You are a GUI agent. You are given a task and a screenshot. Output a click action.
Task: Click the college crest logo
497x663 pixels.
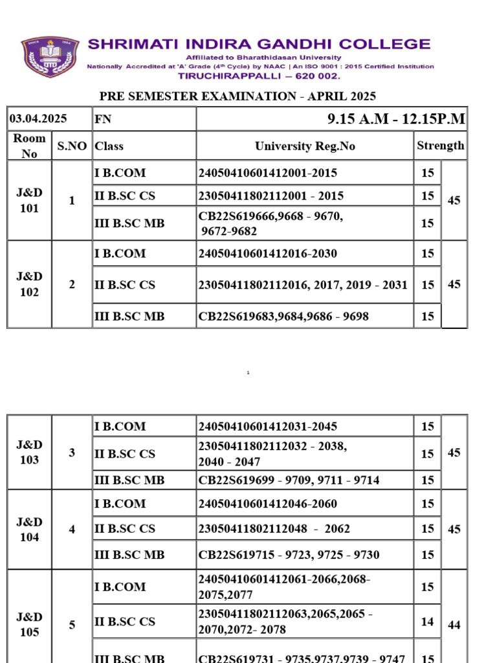click(50, 57)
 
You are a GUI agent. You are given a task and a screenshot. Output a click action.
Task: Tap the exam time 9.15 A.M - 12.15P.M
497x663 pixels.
click(397, 119)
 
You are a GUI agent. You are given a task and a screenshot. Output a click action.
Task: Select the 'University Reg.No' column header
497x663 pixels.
click(305, 146)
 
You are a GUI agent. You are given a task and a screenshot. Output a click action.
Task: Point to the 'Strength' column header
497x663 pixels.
click(440, 146)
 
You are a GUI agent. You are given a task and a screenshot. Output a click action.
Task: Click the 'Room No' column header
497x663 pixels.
click(30, 146)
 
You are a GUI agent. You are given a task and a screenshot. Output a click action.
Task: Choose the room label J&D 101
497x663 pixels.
click(30, 201)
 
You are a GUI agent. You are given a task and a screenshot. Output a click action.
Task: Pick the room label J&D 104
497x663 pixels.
click(30, 529)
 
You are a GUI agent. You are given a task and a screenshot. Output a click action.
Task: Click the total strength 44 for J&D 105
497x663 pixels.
click(454, 625)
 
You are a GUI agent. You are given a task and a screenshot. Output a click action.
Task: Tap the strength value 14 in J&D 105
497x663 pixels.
click(427, 622)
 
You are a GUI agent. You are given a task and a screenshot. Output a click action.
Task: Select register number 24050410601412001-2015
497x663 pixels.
click(268, 173)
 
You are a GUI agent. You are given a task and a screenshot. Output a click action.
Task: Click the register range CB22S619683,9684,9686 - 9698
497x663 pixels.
click(283, 316)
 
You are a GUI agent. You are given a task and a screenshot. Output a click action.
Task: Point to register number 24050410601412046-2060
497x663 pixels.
click(268, 504)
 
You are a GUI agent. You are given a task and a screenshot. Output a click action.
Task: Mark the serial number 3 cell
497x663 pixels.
click(72, 453)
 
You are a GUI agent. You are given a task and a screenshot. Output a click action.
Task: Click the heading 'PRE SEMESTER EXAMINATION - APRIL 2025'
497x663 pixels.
click(237, 96)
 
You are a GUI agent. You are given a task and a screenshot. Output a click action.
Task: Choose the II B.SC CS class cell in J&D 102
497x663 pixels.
click(125, 284)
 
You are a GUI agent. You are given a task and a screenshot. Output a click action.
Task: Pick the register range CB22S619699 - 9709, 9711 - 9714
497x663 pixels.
click(289, 480)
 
